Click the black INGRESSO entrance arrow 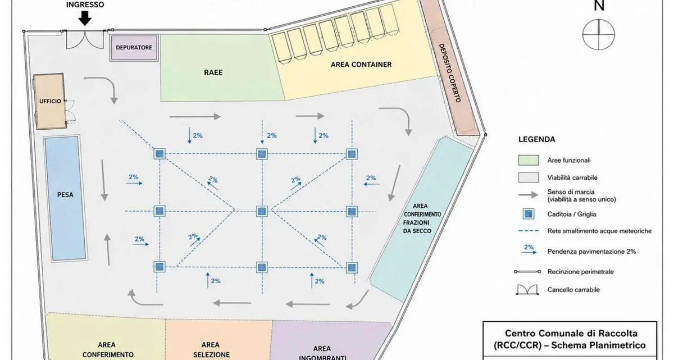pyautogui.click(x=85, y=18)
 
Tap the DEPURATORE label pyautogui.click(x=134, y=48)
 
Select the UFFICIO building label pyautogui.click(x=50, y=101)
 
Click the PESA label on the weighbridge pyautogui.click(x=65, y=195)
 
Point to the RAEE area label pyautogui.click(x=213, y=72)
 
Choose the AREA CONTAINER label pyautogui.click(x=361, y=65)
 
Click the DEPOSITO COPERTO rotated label pyautogui.click(x=450, y=73)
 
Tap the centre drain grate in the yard pyautogui.click(x=262, y=211)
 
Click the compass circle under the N pyautogui.click(x=599, y=35)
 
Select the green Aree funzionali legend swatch pyautogui.click(x=529, y=160)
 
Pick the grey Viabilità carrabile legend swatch pyautogui.click(x=529, y=177)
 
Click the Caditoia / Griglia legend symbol pyautogui.click(x=529, y=214)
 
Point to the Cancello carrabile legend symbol pyautogui.click(x=527, y=290)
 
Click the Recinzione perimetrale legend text pyautogui.click(x=580, y=272)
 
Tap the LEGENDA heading pyautogui.click(x=537, y=139)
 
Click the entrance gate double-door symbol pyautogui.click(x=85, y=39)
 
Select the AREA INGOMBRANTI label pyautogui.click(x=322, y=353)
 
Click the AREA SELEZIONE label pyautogui.click(x=211, y=350)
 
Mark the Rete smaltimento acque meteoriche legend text pyautogui.click(x=599, y=231)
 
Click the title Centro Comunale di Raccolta pyautogui.click(x=571, y=334)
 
